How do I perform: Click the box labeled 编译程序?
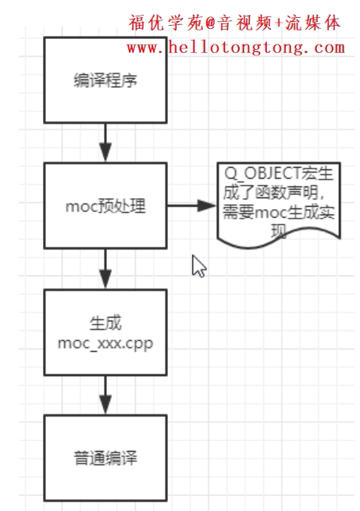click(x=105, y=80)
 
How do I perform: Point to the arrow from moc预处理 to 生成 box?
click(x=105, y=268)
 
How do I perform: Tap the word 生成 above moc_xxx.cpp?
click(x=105, y=324)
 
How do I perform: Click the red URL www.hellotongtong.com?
click(x=235, y=48)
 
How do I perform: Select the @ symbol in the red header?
click(x=209, y=24)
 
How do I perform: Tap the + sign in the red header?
click(x=280, y=24)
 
